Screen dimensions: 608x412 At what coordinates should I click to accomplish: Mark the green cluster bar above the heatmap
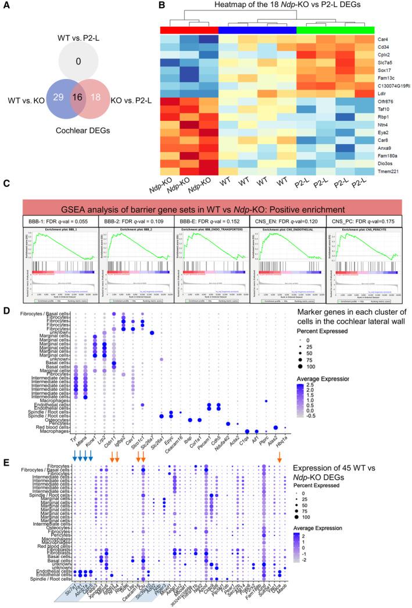click(x=335, y=30)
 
